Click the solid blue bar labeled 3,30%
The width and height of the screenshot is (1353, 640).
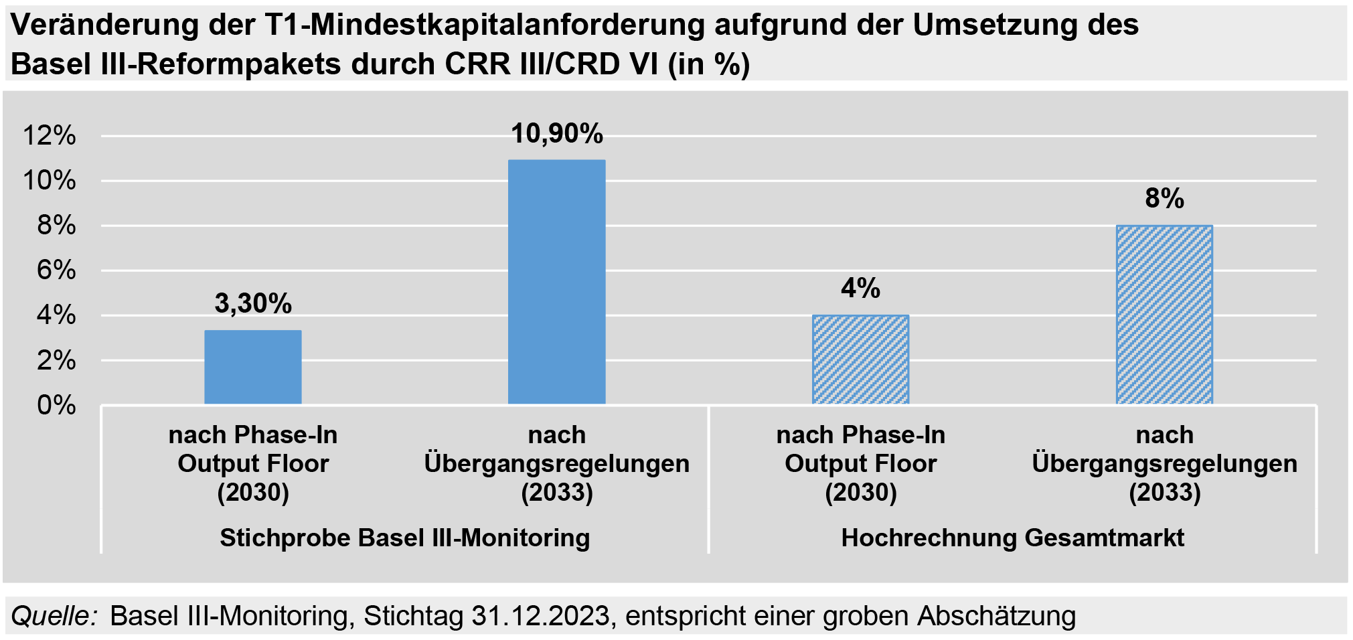[x=252, y=367]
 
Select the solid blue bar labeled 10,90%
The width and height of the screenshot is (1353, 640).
[x=556, y=282]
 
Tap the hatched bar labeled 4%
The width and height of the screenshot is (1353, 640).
[x=860, y=359]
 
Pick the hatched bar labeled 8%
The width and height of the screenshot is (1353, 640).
[x=1164, y=315]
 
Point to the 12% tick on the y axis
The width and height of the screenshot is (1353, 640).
[x=50, y=136]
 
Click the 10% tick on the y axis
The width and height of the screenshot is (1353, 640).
[x=50, y=181]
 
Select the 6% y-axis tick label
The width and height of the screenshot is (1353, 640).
[x=56, y=270]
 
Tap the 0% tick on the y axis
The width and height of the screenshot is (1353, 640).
[x=56, y=405]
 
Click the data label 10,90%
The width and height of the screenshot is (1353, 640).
[x=556, y=134]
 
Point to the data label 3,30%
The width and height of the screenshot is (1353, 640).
[x=252, y=303]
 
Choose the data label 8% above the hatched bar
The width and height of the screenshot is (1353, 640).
[x=1164, y=198]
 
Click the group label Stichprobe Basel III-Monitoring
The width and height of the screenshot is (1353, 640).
[x=404, y=538]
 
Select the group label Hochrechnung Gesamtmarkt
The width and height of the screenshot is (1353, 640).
[x=1012, y=538]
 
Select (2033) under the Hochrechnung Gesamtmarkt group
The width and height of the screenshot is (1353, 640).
[x=1164, y=493]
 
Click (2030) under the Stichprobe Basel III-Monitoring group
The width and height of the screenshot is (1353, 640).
[x=252, y=493]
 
